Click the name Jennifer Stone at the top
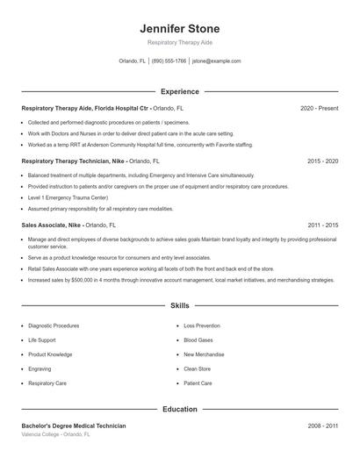179,28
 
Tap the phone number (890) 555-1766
169,61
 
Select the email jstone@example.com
216,61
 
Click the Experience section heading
179,91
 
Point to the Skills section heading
179,306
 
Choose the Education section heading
179,409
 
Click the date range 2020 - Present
319,108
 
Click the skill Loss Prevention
202,325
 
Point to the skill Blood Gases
198,340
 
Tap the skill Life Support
42,340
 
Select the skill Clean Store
198,368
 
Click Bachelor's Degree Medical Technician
74,426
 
